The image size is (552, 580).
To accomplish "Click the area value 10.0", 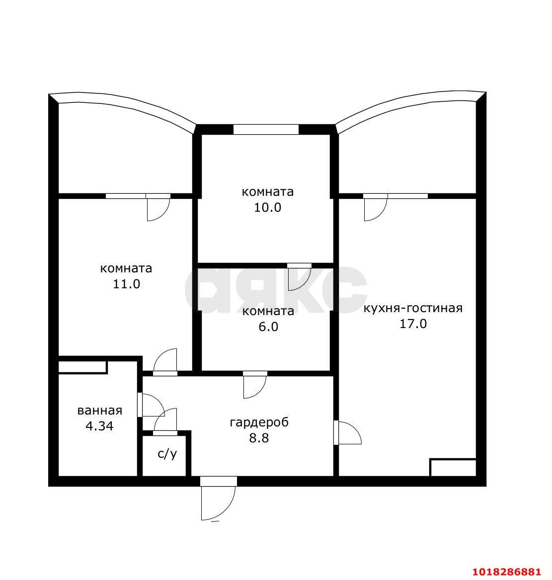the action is point(267,208).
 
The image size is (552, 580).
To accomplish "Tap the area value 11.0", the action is point(126,284).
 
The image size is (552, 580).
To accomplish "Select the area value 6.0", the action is point(268,327).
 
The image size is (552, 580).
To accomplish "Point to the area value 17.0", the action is point(413,324).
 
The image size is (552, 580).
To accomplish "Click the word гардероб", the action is point(259,422).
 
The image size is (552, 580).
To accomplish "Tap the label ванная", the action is point(100,411).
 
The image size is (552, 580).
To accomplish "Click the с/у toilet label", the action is point(167,454).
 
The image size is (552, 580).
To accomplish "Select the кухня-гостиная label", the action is point(413,308).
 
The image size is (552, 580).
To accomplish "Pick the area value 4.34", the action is point(99,426).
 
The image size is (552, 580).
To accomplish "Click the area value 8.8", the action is point(259,438).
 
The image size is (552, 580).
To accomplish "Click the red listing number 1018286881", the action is point(506,572).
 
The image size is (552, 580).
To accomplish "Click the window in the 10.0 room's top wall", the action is point(266,129).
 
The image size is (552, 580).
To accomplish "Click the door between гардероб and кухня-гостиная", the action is point(347,432).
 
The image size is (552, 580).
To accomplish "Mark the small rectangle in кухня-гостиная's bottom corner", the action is point(453,468).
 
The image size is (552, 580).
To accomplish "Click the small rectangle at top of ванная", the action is point(83,367).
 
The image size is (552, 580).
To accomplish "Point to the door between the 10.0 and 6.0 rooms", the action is point(300,277).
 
